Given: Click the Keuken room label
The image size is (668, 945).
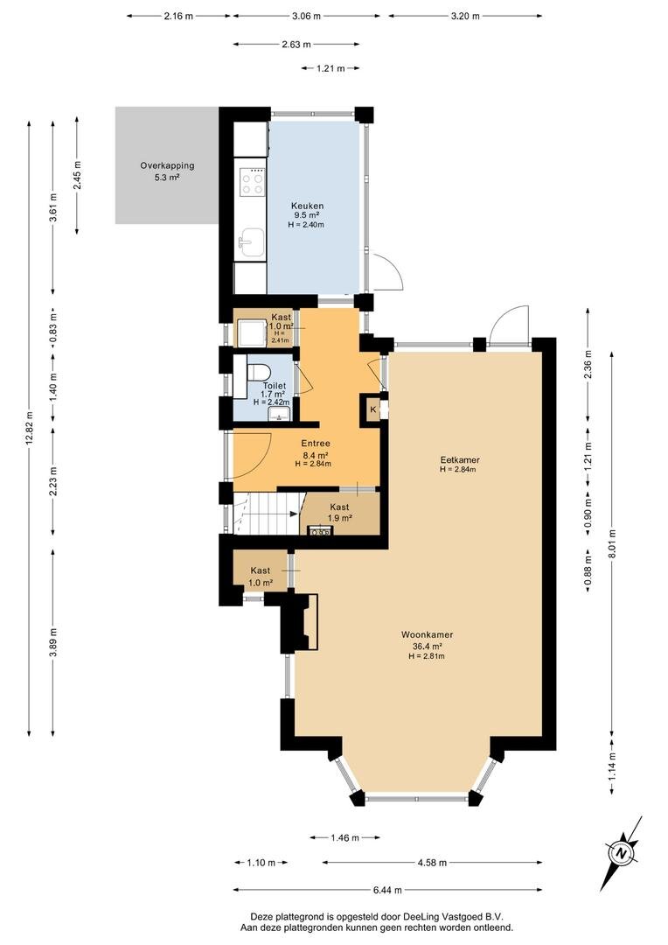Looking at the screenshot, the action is click(307, 206).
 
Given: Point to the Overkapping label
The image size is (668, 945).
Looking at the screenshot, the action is click(167, 165).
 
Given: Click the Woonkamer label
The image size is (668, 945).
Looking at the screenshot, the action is click(427, 634).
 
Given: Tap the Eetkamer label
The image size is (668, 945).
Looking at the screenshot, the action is click(460, 460).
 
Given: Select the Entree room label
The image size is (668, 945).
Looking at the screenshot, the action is click(316, 444).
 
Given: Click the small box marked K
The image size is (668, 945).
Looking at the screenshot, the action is click(373, 409).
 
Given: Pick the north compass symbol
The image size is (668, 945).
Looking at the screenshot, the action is click(621, 853).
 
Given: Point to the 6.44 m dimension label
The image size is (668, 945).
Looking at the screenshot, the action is click(387, 890).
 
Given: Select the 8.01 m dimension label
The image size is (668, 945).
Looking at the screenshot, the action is click(612, 543).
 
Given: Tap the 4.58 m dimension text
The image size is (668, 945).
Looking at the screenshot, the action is click(432, 863).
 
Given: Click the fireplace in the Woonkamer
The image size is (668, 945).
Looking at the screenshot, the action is click(299, 622).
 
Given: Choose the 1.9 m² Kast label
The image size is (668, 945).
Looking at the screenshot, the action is click(340, 512).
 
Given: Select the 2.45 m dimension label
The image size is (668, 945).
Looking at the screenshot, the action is click(77, 174).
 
